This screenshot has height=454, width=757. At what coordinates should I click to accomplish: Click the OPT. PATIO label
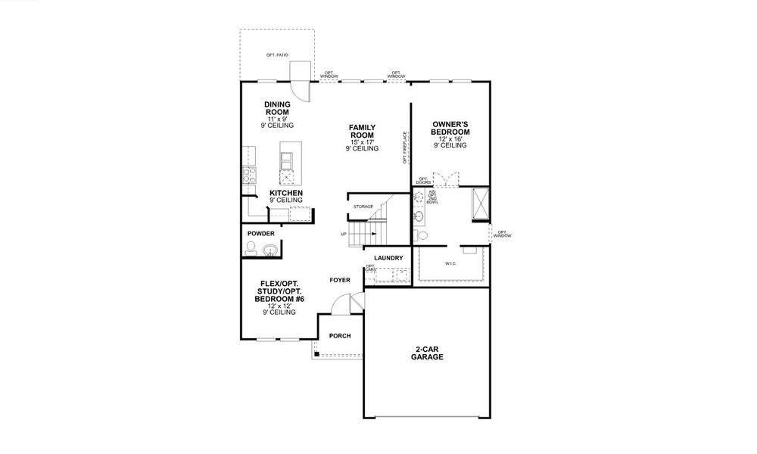277,55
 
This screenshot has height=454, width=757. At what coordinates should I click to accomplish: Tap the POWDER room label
261,234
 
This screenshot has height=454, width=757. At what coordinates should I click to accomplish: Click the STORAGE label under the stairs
363,206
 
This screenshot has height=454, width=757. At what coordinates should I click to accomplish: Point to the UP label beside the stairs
344,235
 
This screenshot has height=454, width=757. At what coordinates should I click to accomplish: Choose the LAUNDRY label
387,258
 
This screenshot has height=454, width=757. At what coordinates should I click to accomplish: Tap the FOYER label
340,280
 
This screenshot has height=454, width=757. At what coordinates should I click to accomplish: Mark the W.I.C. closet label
451,264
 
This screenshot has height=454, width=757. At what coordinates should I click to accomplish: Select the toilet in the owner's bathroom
422,236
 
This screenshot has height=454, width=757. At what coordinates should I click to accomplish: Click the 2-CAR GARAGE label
428,353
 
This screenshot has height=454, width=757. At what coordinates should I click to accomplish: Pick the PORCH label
339,336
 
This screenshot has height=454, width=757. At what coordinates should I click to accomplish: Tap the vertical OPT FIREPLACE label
405,148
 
